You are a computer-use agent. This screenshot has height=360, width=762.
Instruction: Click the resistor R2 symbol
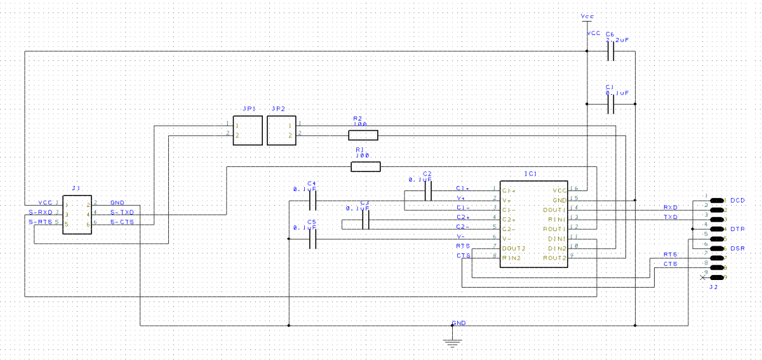click(x=363, y=135)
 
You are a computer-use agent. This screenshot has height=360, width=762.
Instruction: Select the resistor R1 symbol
click(x=366, y=166)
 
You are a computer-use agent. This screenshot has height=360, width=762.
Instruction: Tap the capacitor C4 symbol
click(x=312, y=201)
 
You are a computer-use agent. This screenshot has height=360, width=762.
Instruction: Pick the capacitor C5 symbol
click(x=312, y=239)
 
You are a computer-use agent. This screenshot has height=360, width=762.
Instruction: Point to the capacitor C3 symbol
click(x=366, y=220)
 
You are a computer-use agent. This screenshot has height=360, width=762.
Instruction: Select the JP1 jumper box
click(x=248, y=131)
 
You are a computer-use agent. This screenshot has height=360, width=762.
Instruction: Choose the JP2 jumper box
click(x=282, y=131)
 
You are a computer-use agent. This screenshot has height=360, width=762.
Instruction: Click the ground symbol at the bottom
click(x=452, y=342)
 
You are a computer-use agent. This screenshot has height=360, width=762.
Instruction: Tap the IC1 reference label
click(x=530, y=173)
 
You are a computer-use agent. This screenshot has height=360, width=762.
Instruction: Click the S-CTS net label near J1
click(x=122, y=222)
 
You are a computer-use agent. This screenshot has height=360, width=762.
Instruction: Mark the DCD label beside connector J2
click(x=737, y=201)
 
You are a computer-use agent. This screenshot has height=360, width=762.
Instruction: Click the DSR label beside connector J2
click(x=737, y=248)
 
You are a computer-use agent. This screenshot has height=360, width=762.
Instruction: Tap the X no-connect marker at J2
click(x=702, y=277)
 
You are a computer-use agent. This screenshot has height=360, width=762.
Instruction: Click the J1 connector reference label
click(x=76, y=189)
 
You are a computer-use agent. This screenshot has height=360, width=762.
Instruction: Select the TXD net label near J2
click(x=670, y=217)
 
